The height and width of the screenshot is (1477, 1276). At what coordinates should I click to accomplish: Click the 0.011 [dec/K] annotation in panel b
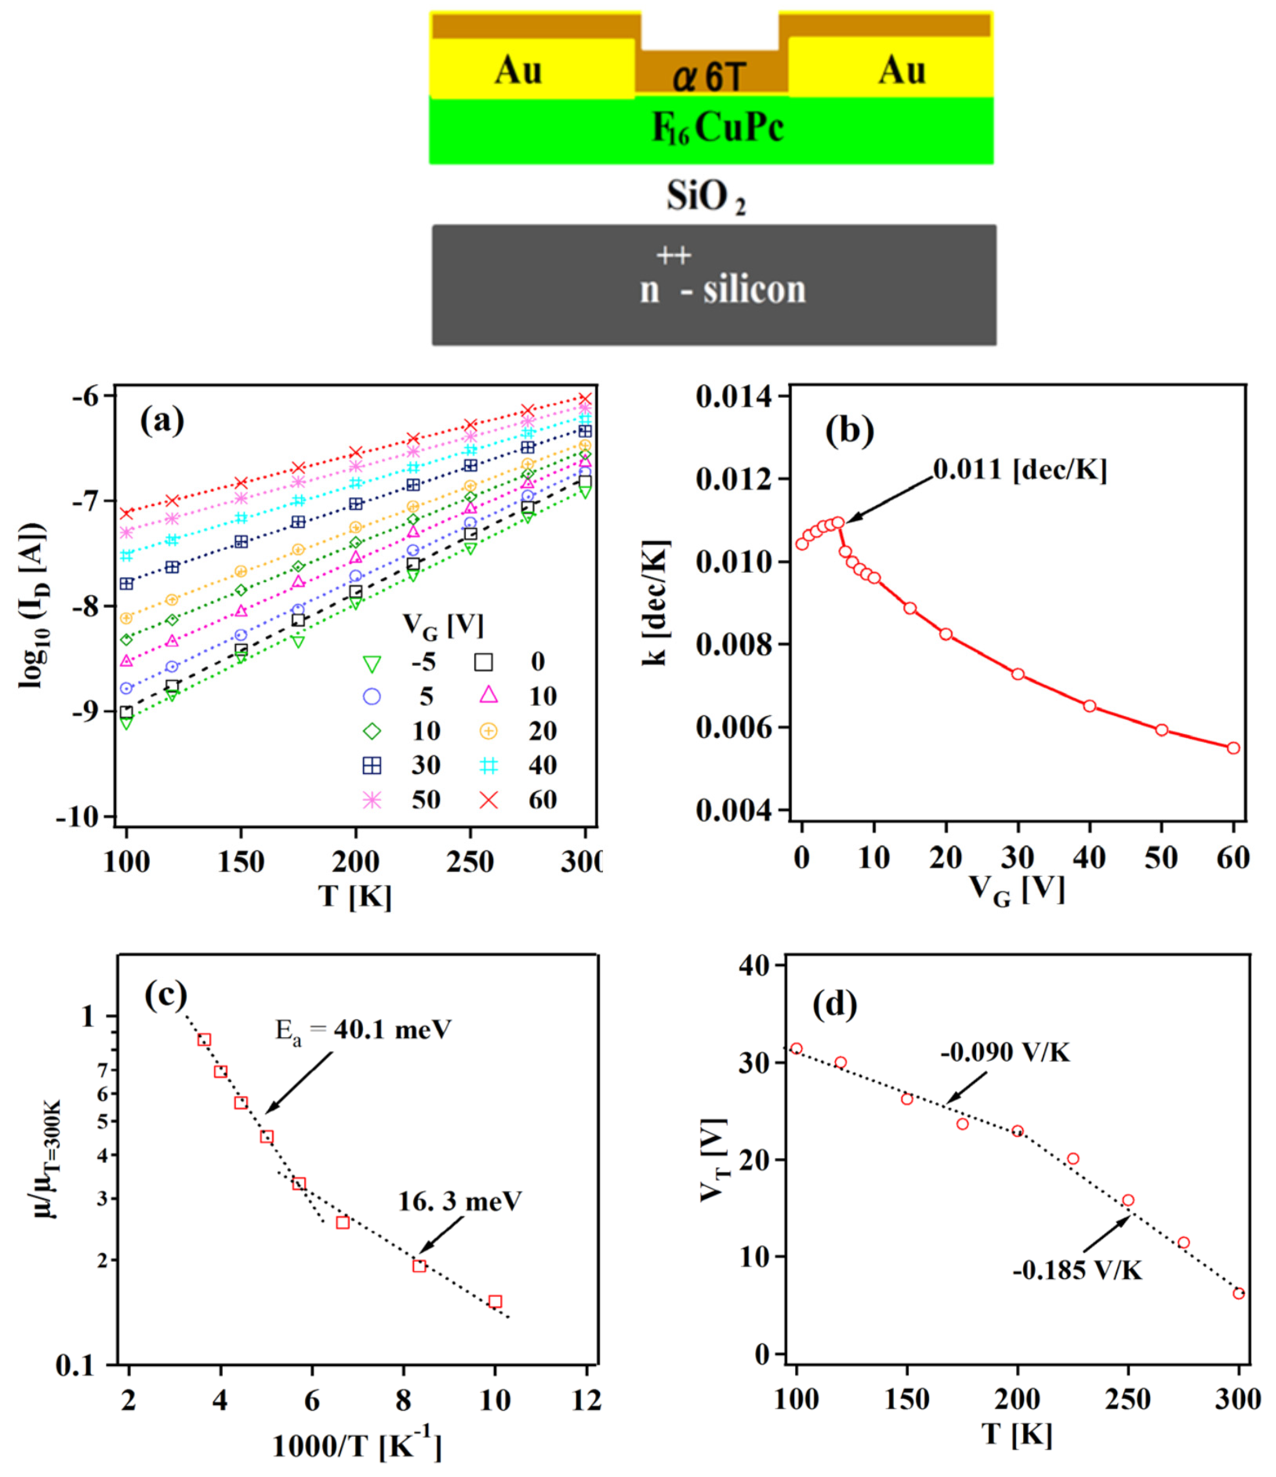1019,471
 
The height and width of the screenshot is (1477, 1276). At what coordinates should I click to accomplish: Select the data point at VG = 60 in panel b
1233,748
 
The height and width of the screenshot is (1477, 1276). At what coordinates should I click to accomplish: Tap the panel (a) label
163,421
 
